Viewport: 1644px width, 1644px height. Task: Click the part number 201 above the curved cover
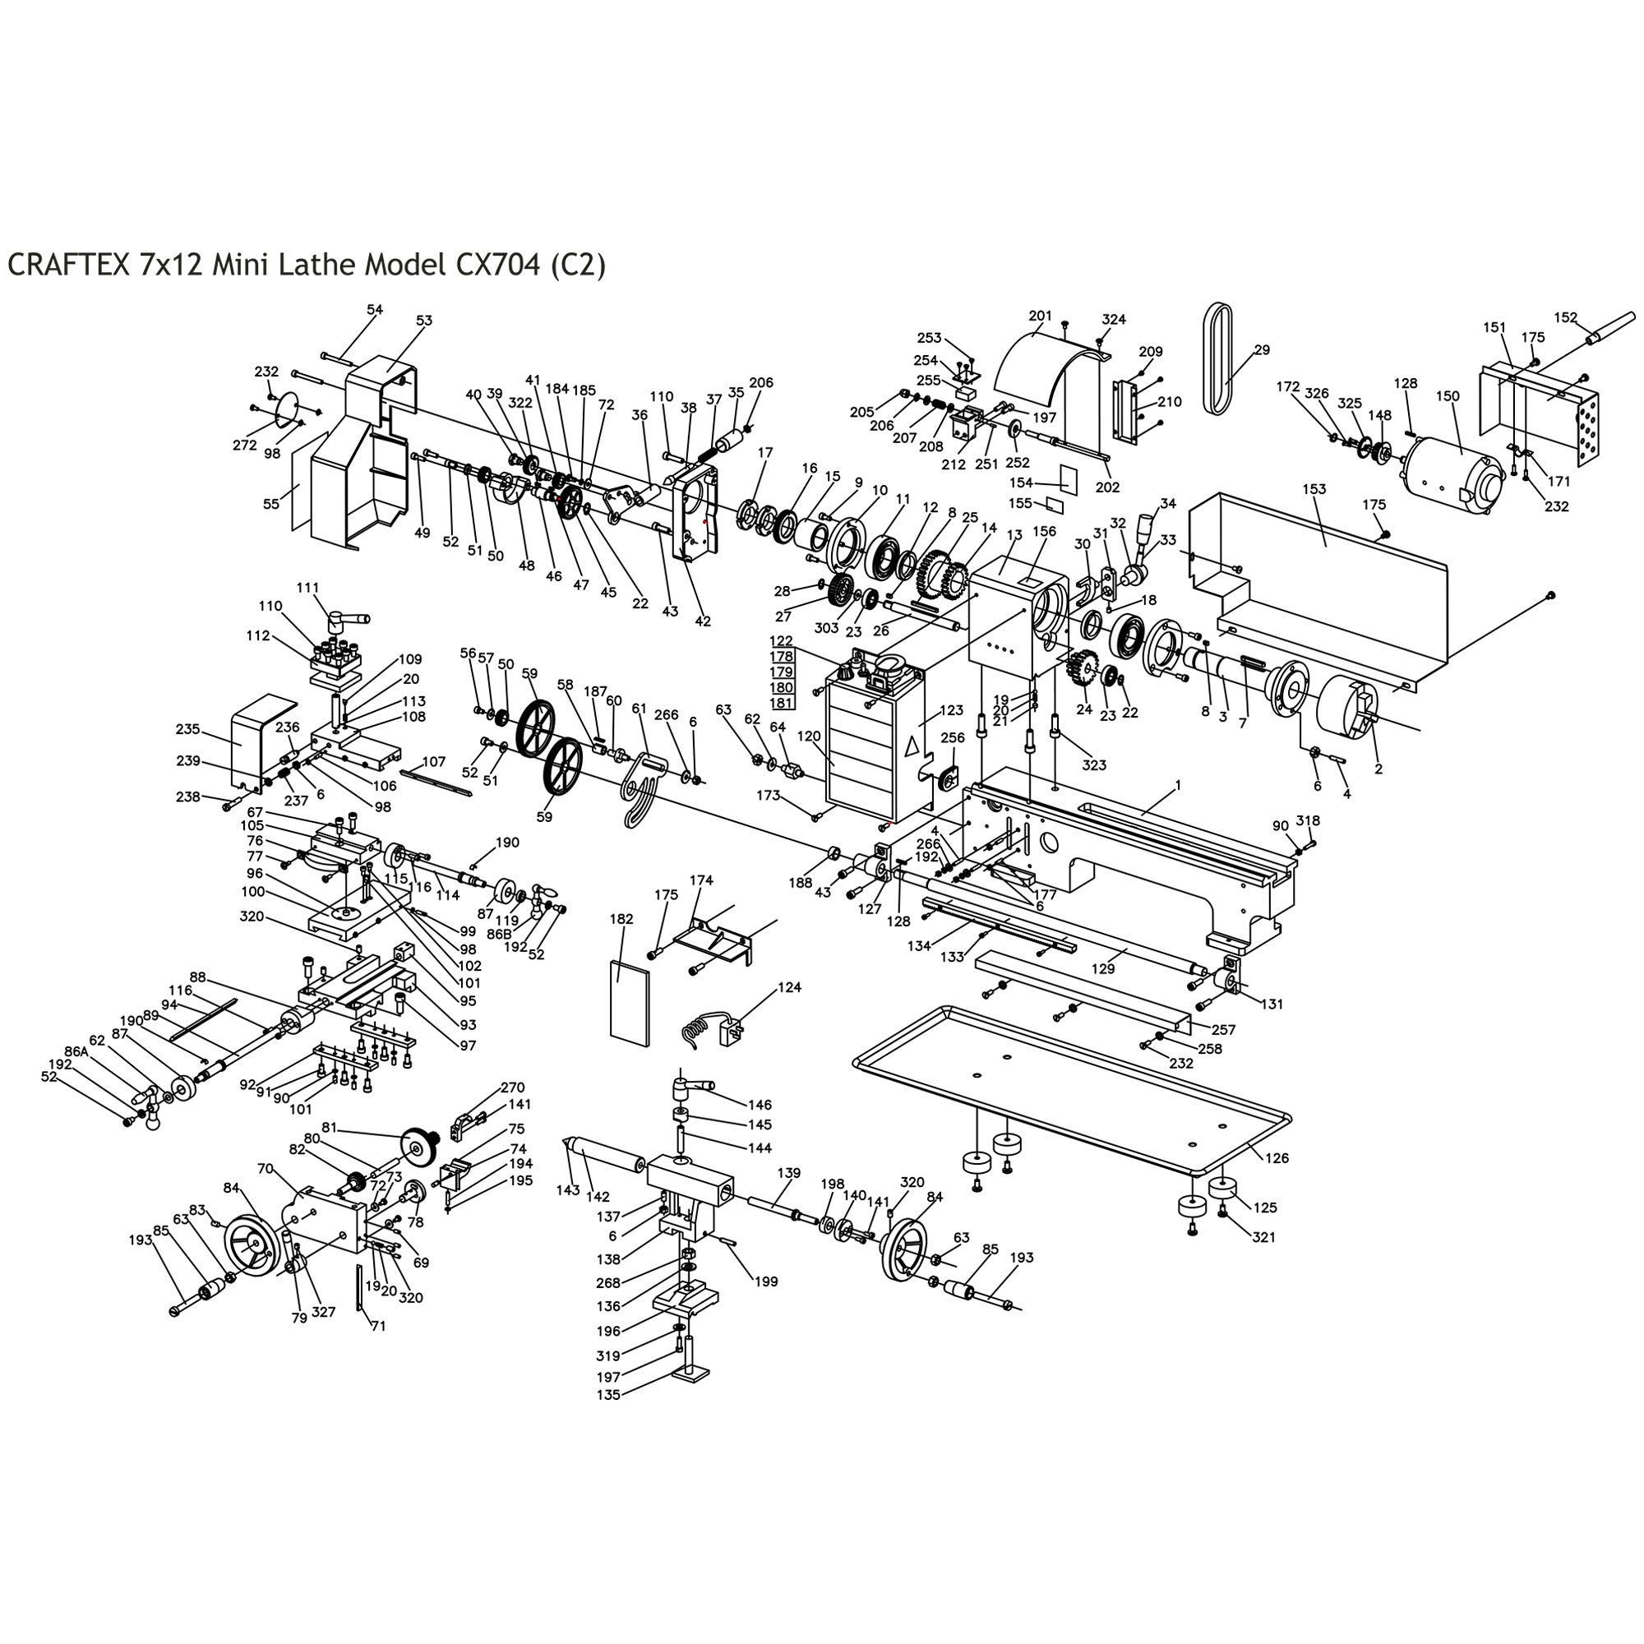(x=1040, y=316)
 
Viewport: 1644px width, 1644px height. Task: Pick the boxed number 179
(x=781, y=672)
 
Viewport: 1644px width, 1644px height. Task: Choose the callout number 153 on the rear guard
(x=1314, y=488)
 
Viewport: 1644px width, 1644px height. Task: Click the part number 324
(x=1114, y=319)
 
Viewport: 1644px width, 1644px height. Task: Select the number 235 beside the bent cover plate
(x=188, y=729)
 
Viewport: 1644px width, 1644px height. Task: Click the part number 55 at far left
(x=270, y=504)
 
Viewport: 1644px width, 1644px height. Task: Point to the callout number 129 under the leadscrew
(x=1103, y=967)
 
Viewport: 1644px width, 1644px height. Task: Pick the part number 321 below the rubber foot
(x=1263, y=1237)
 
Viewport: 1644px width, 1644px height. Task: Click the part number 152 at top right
(x=1566, y=317)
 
